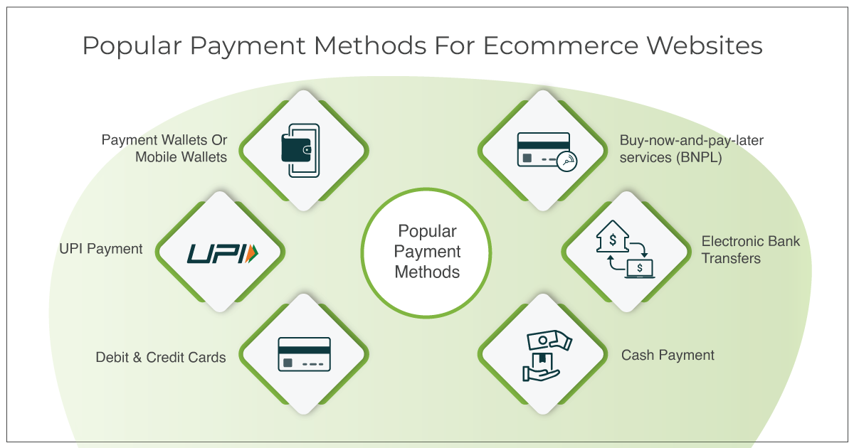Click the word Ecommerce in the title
coord(561,46)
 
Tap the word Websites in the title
coord(705,46)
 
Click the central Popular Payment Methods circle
coord(426,252)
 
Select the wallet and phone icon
coord(301,151)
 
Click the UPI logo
coord(223,253)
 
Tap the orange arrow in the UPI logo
coord(251,253)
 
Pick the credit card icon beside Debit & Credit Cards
coord(305,354)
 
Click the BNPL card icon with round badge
coord(547,151)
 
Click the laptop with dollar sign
coord(640,269)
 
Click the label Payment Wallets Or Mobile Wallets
coord(164,149)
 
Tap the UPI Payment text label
coord(100,249)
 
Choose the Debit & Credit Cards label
coord(161,357)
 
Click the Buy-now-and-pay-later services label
coord(691,149)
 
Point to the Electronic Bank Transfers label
coord(750,250)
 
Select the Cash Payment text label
coord(668,355)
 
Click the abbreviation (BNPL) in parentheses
coord(699,157)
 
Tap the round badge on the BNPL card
coord(566,161)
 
